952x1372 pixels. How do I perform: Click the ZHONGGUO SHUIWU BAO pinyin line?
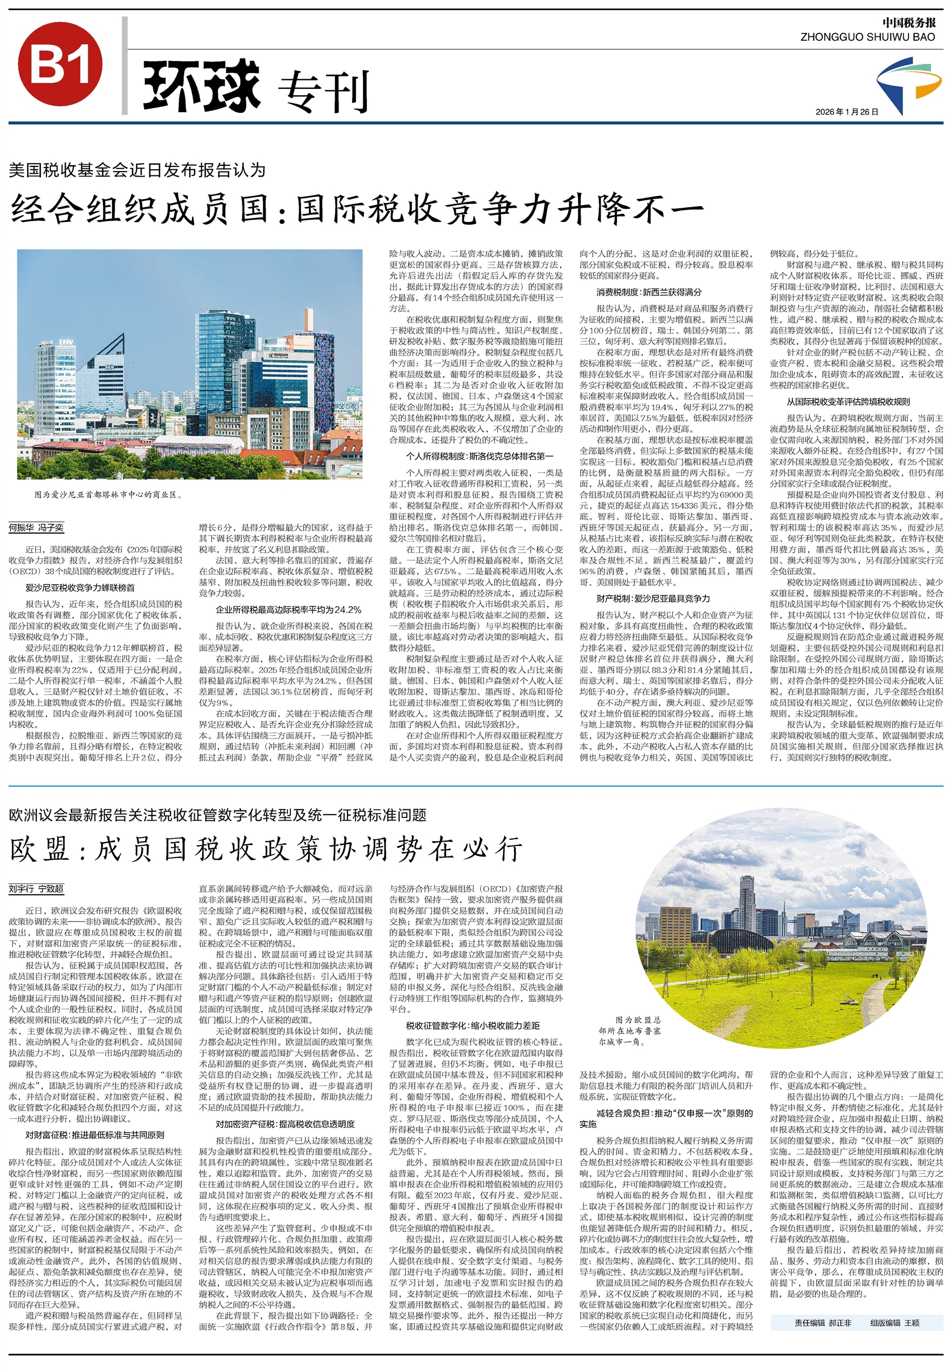pyautogui.click(x=867, y=37)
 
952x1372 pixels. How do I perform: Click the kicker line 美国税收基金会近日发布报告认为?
pyautogui.click(x=136, y=170)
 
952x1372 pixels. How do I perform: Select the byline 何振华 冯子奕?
pyautogui.click(x=36, y=528)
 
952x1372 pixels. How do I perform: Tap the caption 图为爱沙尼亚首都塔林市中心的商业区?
pyautogui.click(x=108, y=495)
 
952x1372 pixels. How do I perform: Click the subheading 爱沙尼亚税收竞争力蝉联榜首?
pyautogui.click(x=80, y=588)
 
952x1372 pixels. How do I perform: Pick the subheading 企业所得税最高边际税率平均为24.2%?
pyautogui.click(x=288, y=610)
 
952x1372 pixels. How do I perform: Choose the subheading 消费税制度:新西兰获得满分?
pyautogui.click(x=649, y=292)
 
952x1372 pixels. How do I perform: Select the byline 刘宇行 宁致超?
pyautogui.click(x=36, y=889)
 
